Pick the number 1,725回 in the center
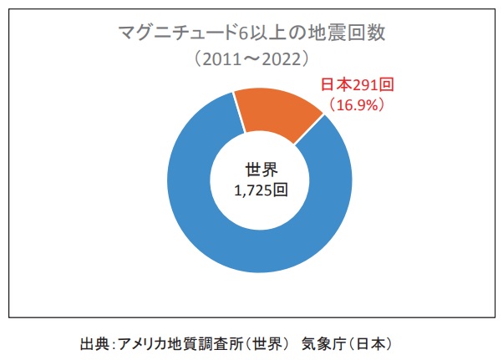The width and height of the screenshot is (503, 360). tap(261, 190)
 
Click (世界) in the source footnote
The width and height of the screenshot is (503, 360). tap(267, 343)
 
